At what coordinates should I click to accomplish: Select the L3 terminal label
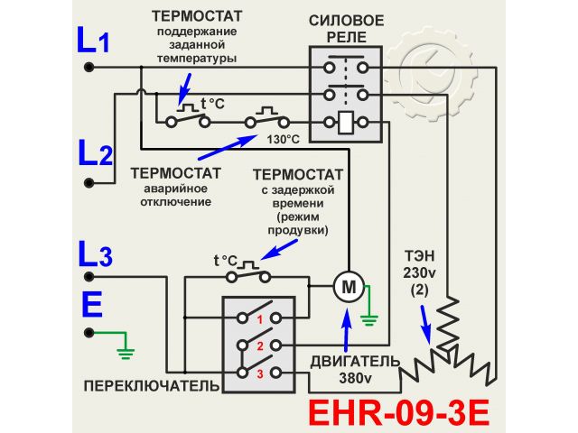click(95, 254)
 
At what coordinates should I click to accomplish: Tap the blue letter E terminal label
click(91, 305)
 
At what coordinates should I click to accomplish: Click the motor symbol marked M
click(347, 287)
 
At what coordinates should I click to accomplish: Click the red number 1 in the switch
click(258, 319)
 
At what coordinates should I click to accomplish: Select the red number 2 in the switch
click(258, 345)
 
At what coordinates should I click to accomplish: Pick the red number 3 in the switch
click(258, 372)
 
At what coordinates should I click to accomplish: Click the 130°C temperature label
click(282, 139)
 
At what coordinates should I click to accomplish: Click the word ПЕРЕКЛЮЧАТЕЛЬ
click(151, 386)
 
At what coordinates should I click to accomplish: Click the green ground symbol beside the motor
click(368, 317)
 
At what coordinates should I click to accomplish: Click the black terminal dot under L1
click(89, 67)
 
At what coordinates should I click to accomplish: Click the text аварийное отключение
click(177, 195)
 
